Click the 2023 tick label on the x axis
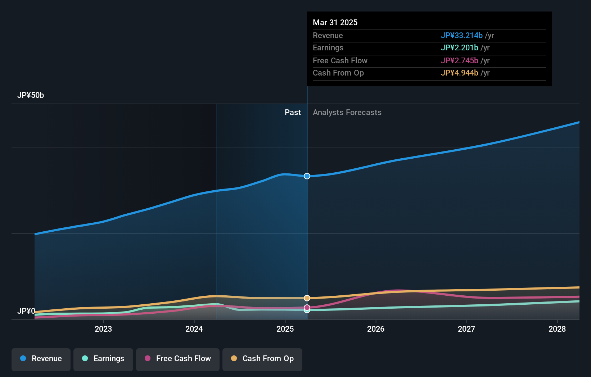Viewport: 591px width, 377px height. point(103,329)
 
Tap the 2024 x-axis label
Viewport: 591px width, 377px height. point(194,329)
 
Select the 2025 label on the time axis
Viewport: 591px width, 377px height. point(285,329)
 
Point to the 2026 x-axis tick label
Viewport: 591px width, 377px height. point(376,329)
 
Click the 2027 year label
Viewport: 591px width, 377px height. point(466,329)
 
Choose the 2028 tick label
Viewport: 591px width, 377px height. point(557,329)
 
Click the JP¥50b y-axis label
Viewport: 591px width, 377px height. point(31,95)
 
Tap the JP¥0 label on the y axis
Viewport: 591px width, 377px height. point(26,311)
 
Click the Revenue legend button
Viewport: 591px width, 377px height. point(41,359)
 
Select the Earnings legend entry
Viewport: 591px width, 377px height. point(103,359)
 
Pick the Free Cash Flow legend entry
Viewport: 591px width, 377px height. point(178,359)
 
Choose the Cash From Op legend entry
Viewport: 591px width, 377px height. point(262,359)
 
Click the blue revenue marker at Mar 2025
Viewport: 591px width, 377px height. point(307,176)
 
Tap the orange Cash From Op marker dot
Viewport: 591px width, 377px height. point(307,298)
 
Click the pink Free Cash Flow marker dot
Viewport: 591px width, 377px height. point(307,307)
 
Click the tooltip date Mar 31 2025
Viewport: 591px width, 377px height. point(335,22)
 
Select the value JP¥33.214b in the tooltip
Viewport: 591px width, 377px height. point(461,35)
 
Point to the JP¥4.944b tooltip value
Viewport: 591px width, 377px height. point(459,73)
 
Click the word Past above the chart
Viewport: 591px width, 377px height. point(293,113)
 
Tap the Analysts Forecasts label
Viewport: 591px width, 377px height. point(347,113)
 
